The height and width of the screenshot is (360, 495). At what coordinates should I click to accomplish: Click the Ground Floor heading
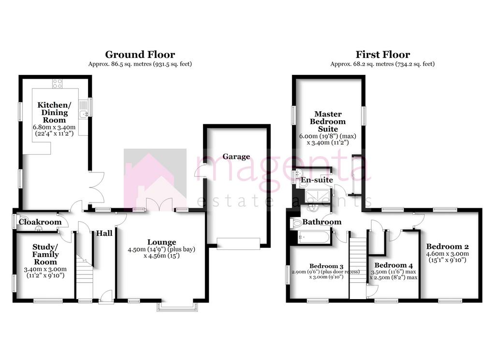pyautogui.click(x=140, y=55)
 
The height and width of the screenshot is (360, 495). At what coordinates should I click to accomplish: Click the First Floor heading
pyautogui.click(x=383, y=55)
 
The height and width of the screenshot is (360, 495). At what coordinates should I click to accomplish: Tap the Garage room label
pyautogui.click(x=236, y=157)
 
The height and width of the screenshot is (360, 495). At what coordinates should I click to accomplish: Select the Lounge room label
pyautogui.click(x=161, y=242)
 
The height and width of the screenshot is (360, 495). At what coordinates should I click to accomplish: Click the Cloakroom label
pyautogui.click(x=40, y=222)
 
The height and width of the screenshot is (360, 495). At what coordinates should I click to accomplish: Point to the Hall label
pyautogui.click(x=104, y=233)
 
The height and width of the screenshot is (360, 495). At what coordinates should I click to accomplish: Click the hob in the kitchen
pyautogui.click(x=57, y=84)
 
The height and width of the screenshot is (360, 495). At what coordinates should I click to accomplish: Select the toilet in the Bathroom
pyautogui.click(x=295, y=224)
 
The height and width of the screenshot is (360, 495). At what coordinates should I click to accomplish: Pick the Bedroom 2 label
pyautogui.click(x=447, y=247)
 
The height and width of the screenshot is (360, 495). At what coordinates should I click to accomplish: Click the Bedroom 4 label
pyautogui.click(x=393, y=265)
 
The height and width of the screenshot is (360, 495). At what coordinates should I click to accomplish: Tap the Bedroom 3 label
pyautogui.click(x=326, y=266)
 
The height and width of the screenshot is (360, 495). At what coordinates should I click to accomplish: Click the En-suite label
pyautogui.click(x=317, y=180)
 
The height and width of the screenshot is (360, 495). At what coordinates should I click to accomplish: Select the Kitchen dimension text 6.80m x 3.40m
pyautogui.click(x=54, y=127)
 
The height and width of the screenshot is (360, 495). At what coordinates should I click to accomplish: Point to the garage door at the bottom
pyautogui.click(x=238, y=244)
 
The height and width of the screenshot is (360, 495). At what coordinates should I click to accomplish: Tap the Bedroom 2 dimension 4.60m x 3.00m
pyautogui.click(x=447, y=254)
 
